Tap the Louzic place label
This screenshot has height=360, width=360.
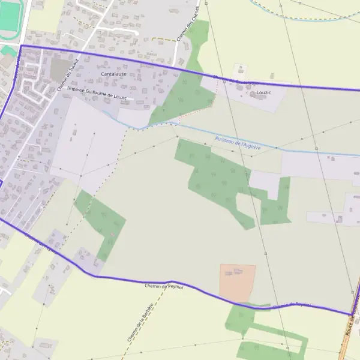(x=264, y=93)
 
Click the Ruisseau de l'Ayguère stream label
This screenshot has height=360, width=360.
(x=238, y=142)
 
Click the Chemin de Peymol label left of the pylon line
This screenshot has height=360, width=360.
(x=163, y=287)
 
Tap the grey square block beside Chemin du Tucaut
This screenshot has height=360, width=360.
(x=59, y=70)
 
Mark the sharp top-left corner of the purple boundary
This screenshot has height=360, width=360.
(x=21, y=46)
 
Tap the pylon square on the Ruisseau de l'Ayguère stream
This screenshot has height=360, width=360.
(x=316, y=148)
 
